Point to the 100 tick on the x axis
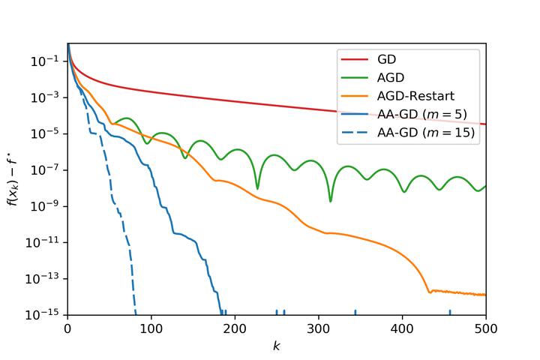tap(151, 328)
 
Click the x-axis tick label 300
tap(319, 328)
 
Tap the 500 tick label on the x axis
tap(486, 328)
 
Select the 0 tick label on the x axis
tap(67, 328)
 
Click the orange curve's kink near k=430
tap(428, 291)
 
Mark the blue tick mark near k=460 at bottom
tap(450, 312)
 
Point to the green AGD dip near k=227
tap(257, 188)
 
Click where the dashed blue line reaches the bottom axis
tap(136, 313)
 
